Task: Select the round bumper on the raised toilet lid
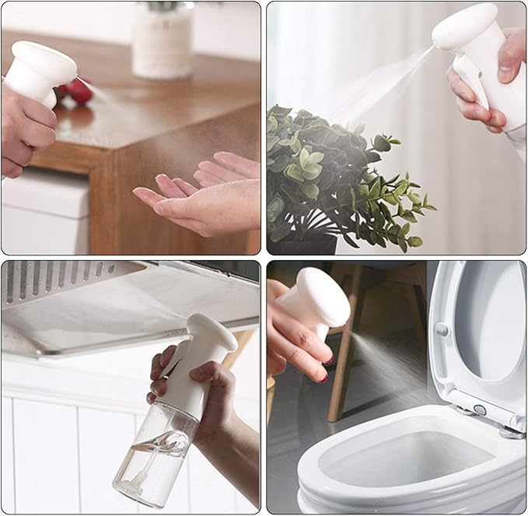coord(442,329)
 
